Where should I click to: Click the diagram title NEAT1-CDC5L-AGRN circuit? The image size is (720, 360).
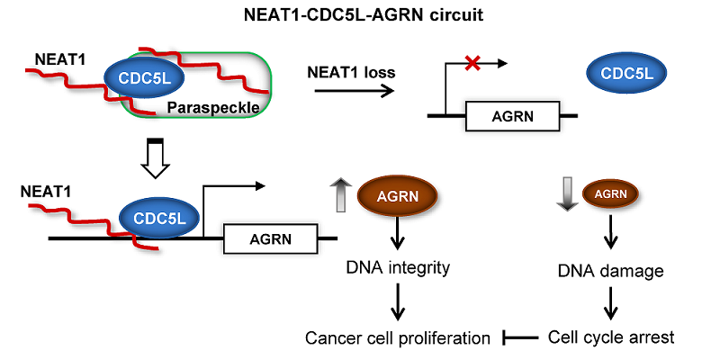click(360, 15)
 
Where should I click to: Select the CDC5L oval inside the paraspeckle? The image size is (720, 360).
click(145, 80)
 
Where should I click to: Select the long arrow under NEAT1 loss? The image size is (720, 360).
click(350, 91)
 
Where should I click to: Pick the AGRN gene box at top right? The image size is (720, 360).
click(510, 115)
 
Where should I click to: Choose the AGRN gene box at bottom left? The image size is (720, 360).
click(269, 239)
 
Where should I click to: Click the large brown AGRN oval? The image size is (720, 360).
click(397, 195)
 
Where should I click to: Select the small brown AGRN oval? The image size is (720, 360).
click(612, 193)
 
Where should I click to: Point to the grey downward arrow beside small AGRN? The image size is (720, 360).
click(562, 193)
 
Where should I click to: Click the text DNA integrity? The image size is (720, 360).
click(396, 268)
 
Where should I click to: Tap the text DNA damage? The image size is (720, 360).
click(612, 268)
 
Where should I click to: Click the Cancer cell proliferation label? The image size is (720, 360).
click(397, 338)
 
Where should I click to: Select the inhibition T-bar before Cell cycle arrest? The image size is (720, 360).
click(518, 338)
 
